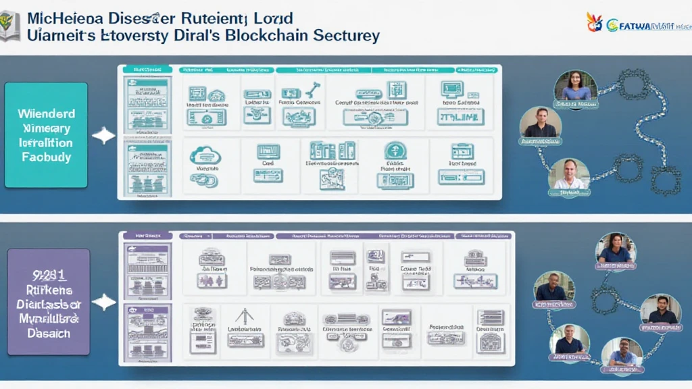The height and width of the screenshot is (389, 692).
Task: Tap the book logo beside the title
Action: [x=10, y=25]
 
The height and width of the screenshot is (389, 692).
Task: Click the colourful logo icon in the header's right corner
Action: [x=595, y=22]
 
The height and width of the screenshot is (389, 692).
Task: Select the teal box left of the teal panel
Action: [x=46, y=134]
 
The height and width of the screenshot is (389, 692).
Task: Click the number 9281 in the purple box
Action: [x=47, y=275]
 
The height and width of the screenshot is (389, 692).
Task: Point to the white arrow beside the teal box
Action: [x=103, y=136]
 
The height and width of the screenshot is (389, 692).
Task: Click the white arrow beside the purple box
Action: [x=103, y=302]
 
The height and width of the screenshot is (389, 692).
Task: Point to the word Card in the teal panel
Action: [x=268, y=163]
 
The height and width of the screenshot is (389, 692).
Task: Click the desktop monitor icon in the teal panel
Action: [x=451, y=89]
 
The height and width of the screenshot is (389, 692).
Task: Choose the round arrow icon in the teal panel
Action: [x=395, y=150]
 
